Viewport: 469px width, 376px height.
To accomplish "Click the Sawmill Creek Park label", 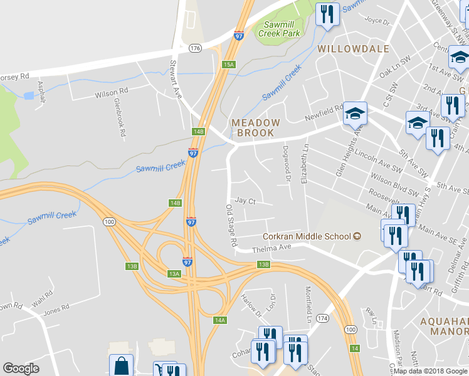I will [x=279, y=29].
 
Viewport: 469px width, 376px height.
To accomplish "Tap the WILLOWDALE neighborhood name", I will [x=353, y=48].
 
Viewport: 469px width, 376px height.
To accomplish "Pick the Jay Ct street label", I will [x=245, y=201].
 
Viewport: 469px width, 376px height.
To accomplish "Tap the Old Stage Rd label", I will [x=231, y=224].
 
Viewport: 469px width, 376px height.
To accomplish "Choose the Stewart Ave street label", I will [x=176, y=79].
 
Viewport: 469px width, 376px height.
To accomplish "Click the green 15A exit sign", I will [x=228, y=64].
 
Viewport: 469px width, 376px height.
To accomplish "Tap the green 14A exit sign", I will [x=219, y=320].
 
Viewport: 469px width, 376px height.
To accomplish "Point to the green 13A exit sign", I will [x=174, y=273].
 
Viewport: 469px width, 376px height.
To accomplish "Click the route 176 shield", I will [x=196, y=48].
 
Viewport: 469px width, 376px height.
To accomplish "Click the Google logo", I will [x=21, y=368].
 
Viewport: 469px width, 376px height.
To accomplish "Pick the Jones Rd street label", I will [x=56, y=310].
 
